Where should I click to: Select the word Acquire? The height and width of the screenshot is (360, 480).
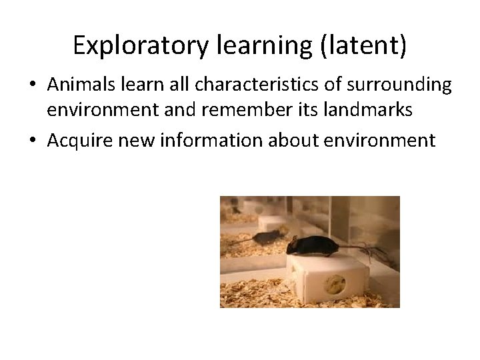click(x=77, y=141)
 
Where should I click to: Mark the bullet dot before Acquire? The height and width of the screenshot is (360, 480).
click(x=33, y=141)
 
